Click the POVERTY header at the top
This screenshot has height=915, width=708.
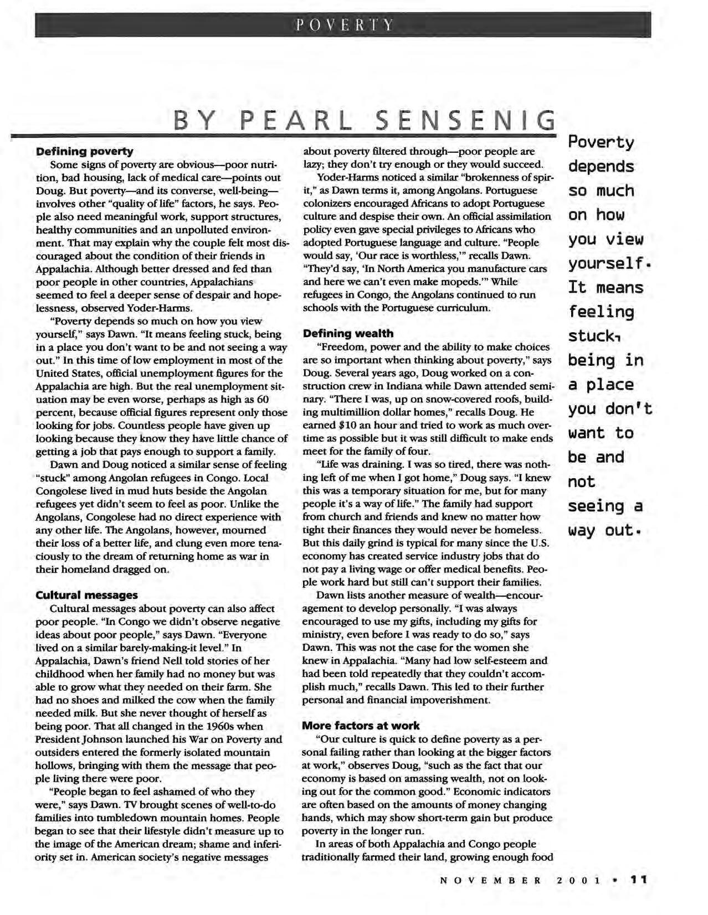tap(343, 25)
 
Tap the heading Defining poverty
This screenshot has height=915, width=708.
tap(84, 151)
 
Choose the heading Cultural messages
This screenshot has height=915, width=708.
tap(86, 595)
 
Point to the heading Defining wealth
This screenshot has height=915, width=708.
tap(347, 333)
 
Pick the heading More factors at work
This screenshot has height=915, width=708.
tap(361, 725)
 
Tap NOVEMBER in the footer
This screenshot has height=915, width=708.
tap(490, 880)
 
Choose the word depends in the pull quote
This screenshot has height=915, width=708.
tap(601, 167)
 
